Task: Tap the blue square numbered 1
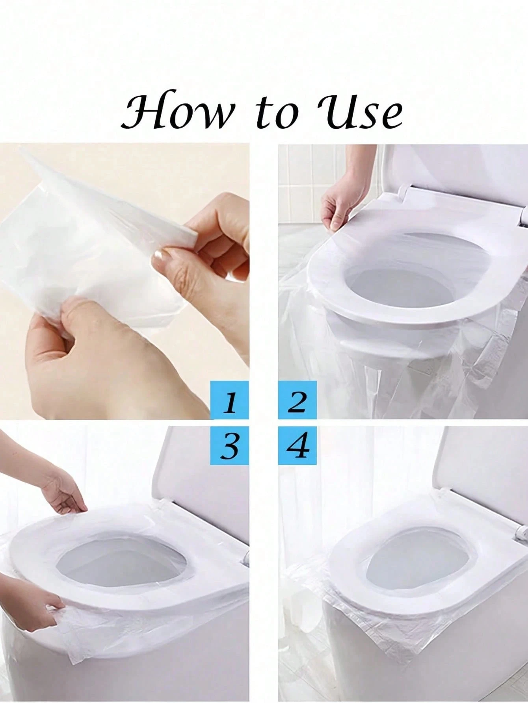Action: (230, 400)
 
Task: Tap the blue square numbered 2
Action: (298, 400)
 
